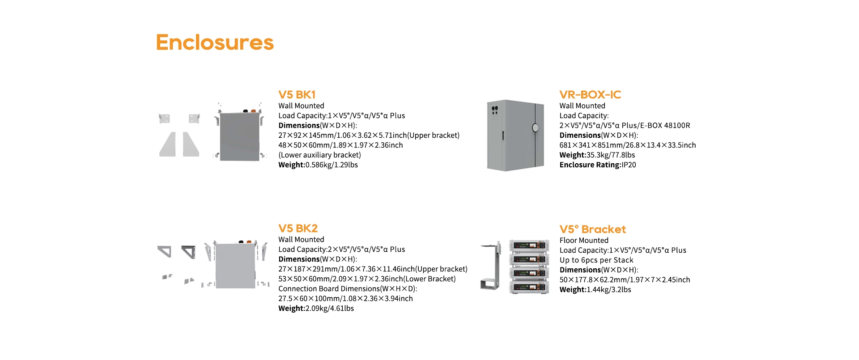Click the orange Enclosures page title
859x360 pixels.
click(x=215, y=42)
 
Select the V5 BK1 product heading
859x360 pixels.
click(x=297, y=95)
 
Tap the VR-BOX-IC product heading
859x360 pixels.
click(x=590, y=95)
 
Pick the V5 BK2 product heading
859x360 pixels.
click(x=298, y=229)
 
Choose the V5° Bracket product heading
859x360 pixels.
click(x=592, y=229)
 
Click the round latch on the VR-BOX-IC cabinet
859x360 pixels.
click(x=535, y=128)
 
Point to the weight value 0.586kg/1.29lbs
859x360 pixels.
click(x=332, y=165)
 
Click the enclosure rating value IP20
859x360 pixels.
click(x=629, y=165)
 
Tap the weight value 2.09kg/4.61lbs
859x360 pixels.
click(x=329, y=309)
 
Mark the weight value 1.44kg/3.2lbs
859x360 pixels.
click(x=609, y=290)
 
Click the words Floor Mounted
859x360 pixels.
click(x=584, y=241)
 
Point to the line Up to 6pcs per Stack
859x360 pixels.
click(x=596, y=260)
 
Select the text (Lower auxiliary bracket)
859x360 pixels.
click(x=319, y=155)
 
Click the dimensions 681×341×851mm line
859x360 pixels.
click(x=628, y=145)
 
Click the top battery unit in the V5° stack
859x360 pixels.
click(x=529, y=245)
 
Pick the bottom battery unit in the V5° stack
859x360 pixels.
click(x=529, y=287)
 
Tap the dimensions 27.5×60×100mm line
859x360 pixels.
click(x=345, y=299)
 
